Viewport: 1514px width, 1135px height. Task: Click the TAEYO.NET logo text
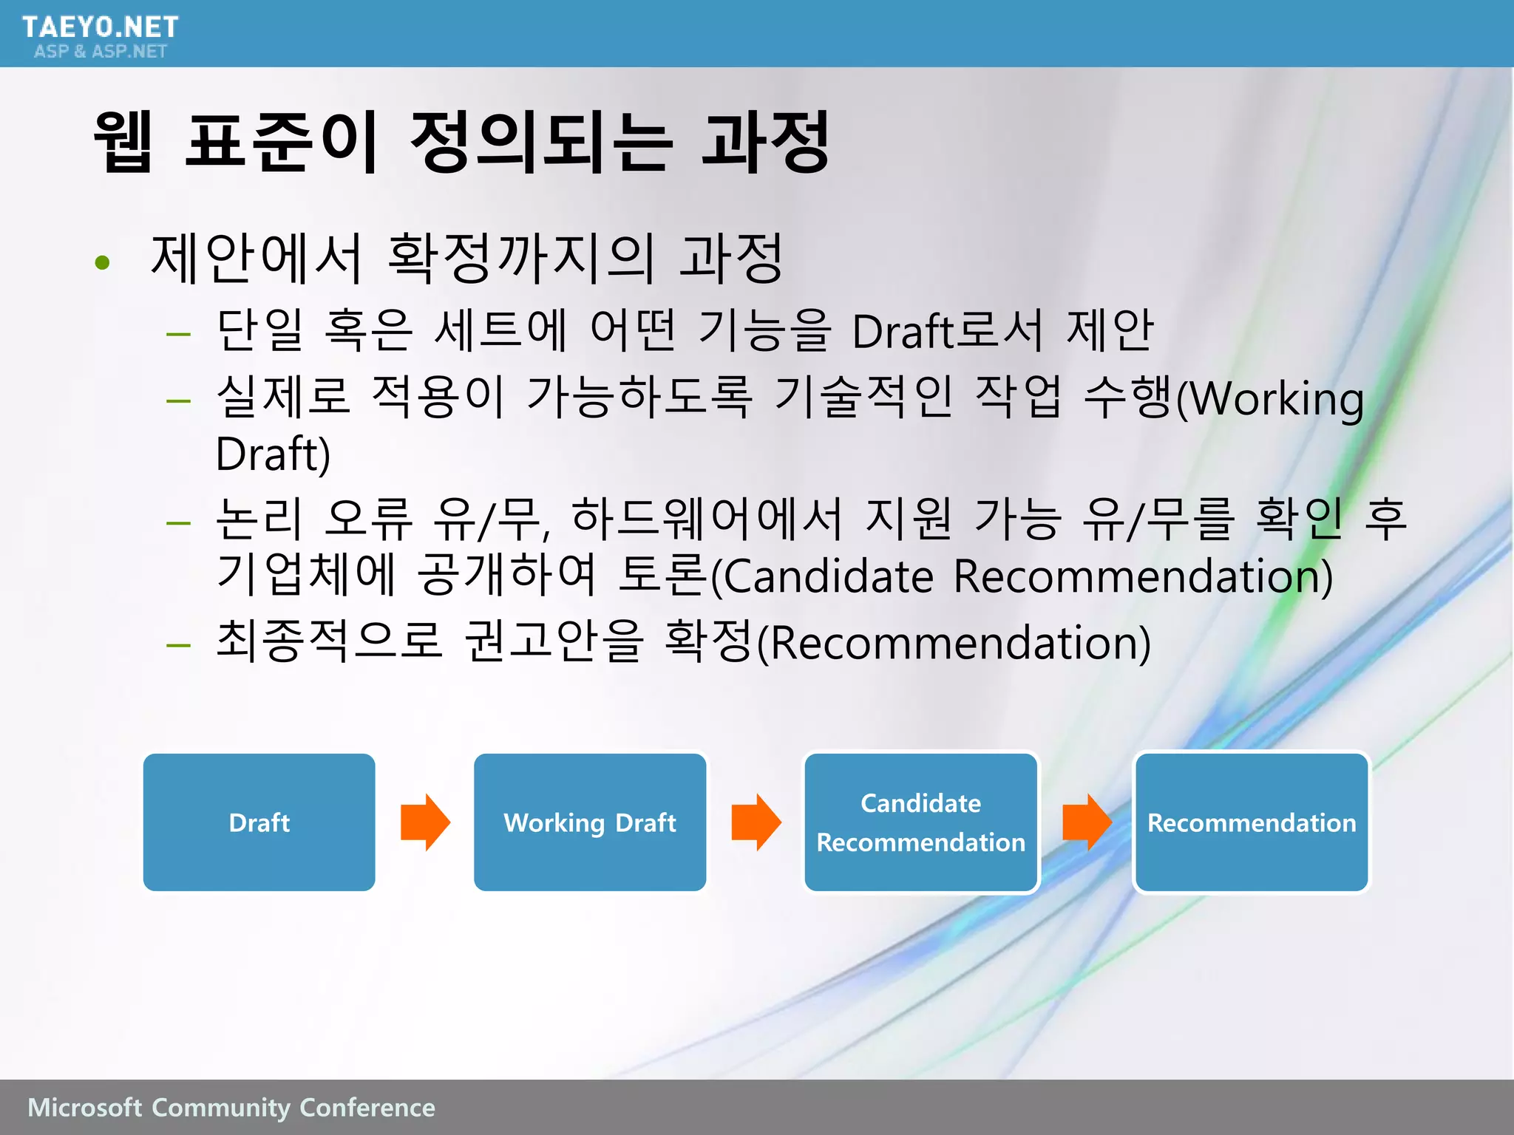pyautogui.click(x=100, y=27)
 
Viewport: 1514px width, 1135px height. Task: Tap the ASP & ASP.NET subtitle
pyautogui.click(x=101, y=51)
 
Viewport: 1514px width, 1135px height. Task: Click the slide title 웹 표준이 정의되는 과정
pyautogui.click(x=462, y=142)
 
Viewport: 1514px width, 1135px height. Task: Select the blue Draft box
pyautogui.click(x=259, y=822)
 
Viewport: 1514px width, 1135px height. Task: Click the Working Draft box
pyautogui.click(x=589, y=822)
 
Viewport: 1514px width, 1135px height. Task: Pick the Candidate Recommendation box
pyautogui.click(x=920, y=822)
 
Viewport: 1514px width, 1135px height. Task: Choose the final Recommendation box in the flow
pyautogui.click(x=1251, y=822)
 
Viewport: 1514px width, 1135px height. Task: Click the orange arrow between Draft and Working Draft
pyautogui.click(x=425, y=822)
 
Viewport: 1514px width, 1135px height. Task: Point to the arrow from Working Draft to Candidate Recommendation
pyautogui.click(x=756, y=822)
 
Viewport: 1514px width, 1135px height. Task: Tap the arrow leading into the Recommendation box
pyautogui.click(x=1086, y=822)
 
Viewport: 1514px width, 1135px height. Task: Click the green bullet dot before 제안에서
pyautogui.click(x=103, y=262)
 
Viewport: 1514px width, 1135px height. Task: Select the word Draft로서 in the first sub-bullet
pyautogui.click(x=947, y=330)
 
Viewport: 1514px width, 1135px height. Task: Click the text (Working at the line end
pyautogui.click(x=1270, y=399)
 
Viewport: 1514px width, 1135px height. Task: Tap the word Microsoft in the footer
pyautogui.click(x=84, y=1107)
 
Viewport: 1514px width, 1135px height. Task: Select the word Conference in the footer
pyautogui.click(x=367, y=1107)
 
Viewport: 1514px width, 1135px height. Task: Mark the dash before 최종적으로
pyautogui.click(x=178, y=645)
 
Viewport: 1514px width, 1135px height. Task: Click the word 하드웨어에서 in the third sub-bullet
pyautogui.click(x=707, y=517)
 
